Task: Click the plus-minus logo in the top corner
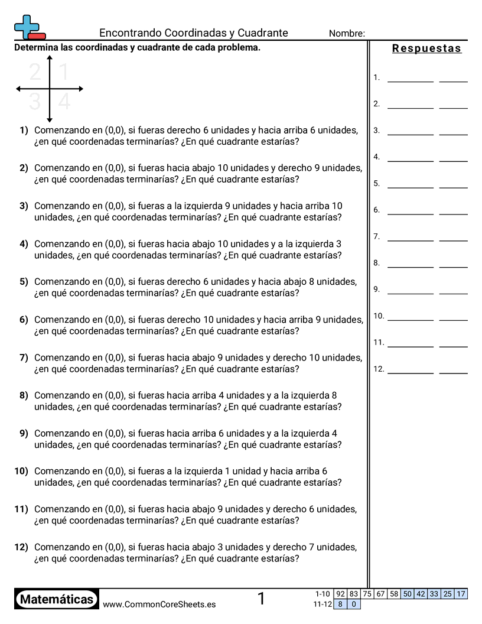[x=29, y=27]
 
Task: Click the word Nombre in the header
[x=346, y=34]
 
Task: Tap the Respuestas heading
[x=426, y=48]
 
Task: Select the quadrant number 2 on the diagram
[x=35, y=72]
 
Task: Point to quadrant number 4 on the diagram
[x=64, y=102]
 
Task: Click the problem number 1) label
[x=24, y=130]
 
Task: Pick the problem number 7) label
[x=24, y=357]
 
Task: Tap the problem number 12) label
[x=21, y=547]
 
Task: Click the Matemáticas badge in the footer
[x=57, y=600]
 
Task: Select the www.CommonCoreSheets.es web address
[x=159, y=604]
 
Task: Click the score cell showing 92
[x=340, y=594]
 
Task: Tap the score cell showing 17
[x=461, y=594]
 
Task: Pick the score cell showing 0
[x=353, y=604]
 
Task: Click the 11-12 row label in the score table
[x=322, y=604]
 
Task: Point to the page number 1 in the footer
[x=261, y=599]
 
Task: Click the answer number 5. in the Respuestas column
[x=376, y=184]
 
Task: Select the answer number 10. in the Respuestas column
[x=379, y=316]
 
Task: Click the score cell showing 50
[x=407, y=594]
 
